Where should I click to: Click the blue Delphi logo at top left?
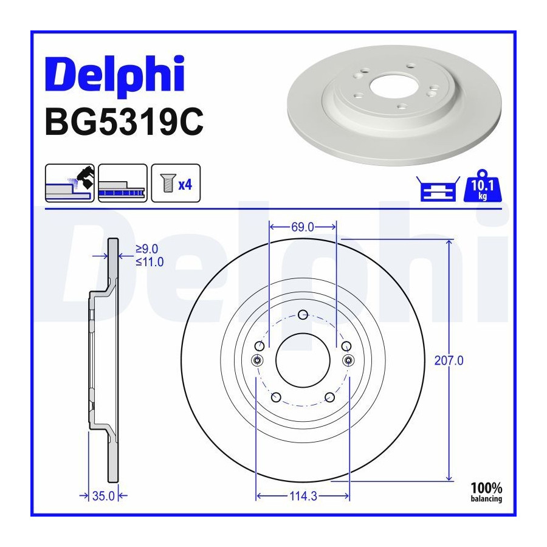coord(115,75)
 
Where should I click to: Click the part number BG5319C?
coord(124,122)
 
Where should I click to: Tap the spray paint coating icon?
coord(70,183)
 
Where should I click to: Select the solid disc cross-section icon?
coord(123,183)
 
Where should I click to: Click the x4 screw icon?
coord(176,183)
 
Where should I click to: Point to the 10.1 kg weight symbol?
coord(483,186)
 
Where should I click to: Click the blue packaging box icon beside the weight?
coord(438,189)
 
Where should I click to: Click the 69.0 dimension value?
coord(303,227)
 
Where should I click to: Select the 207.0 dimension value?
coord(449,360)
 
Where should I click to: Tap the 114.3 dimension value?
coord(303,496)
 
